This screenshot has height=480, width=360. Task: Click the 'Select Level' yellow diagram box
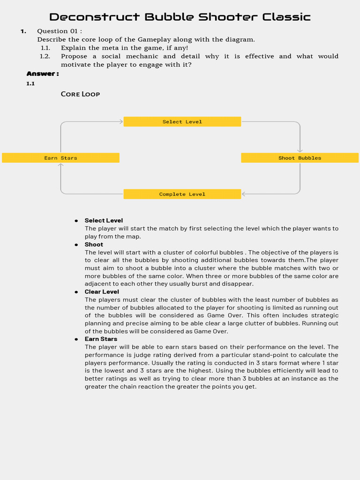tap(182, 122)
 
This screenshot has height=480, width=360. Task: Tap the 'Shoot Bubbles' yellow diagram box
tap(300, 158)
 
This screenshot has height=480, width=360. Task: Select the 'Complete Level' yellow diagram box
tap(182, 194)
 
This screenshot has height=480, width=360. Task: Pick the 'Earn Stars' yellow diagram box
tap(60, 158)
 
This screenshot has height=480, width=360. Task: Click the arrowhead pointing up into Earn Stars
tap(61, 165)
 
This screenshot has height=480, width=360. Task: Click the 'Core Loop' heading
tap(80, 94)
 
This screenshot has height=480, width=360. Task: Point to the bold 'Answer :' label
tap(43, 74)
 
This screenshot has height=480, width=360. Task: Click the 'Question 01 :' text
tap(60, 31)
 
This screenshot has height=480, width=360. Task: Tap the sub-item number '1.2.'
tap(45, 56)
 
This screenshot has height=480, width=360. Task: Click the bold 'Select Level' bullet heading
tap(104, 220)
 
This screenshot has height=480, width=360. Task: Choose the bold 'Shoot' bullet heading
tap(94, 244)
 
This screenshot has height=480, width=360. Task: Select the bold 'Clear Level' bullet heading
tap(102, 292)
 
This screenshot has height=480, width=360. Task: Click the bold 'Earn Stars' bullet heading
tap(101, 339)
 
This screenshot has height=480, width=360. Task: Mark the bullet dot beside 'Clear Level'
tap(76, 292)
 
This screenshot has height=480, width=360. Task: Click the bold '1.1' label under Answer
tap(30, 83)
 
